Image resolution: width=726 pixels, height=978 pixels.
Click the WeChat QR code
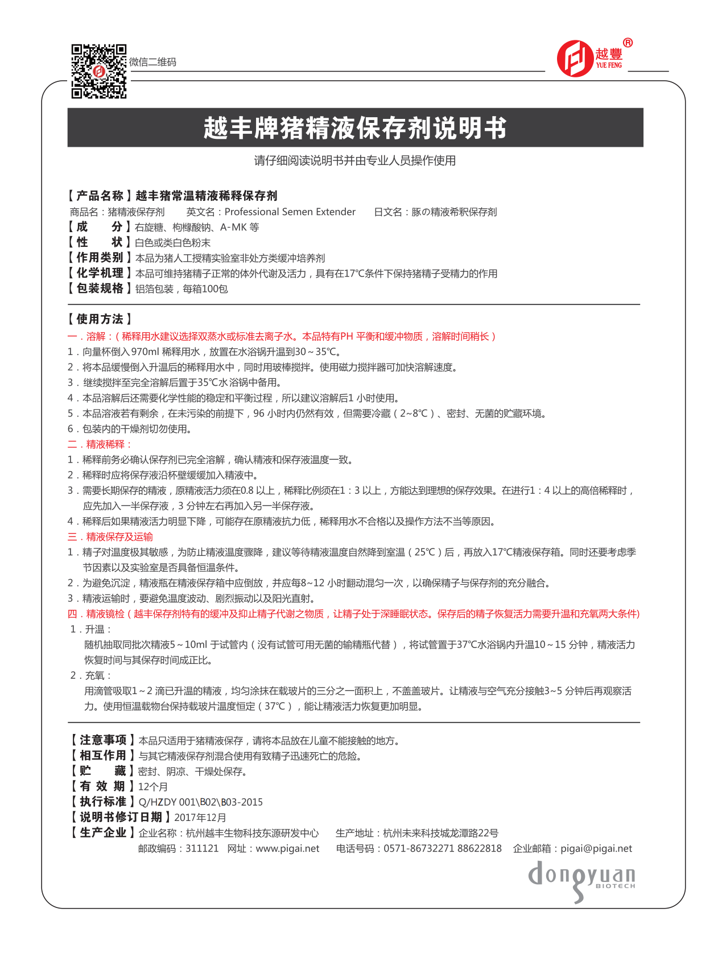[x=98, y=71]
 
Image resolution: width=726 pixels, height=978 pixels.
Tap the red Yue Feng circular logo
[x=575, y=58]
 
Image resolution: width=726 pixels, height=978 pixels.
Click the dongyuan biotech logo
[x=581, y=880]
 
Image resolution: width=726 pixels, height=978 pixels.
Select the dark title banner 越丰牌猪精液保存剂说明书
[x=355, y=127]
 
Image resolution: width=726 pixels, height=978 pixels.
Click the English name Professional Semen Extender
[x=290, y=212]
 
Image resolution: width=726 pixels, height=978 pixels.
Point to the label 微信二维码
[x=152, y=62]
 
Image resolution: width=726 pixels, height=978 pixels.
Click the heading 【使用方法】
[x=100, y=319]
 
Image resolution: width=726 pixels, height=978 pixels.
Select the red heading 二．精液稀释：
[x=100, y=444]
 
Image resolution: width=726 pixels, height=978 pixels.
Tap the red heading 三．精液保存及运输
[x=110, y=537]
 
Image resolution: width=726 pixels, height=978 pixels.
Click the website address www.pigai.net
[x=287, y=848]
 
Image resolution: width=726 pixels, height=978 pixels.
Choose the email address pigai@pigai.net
[x=596, y=848]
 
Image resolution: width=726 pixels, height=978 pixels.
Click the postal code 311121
[x=202, y=848]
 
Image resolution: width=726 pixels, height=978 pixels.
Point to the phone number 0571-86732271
[x=419, y=848]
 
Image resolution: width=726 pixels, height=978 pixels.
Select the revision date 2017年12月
[x=200, y=818]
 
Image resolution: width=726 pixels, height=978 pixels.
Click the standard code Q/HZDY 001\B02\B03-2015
[x=201, y=802]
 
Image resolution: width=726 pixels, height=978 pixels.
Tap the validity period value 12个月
[x=153, y=787]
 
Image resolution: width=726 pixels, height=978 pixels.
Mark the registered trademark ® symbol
[x=628, y=43]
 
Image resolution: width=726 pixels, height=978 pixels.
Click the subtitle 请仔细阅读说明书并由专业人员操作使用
[x=354, y=160]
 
